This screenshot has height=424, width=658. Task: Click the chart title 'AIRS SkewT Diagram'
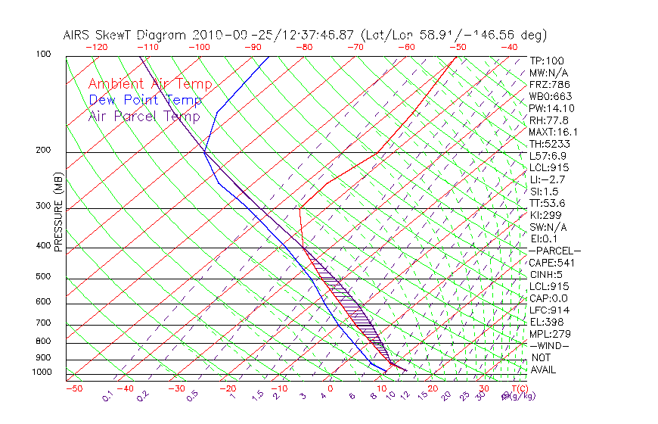pos(126,36)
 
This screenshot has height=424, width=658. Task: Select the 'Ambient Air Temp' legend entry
pos(150,85)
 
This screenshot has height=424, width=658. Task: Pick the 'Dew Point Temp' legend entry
pos(145,101)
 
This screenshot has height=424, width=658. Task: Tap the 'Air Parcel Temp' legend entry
pos(144,117)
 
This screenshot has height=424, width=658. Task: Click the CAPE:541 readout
pos(551,263)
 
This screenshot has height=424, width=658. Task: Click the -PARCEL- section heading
pos(554,251)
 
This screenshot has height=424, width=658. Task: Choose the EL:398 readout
pos(546,322)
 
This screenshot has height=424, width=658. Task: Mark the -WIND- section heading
pos(549,345)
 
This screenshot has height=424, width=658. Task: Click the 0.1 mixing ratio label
pos(108,395)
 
